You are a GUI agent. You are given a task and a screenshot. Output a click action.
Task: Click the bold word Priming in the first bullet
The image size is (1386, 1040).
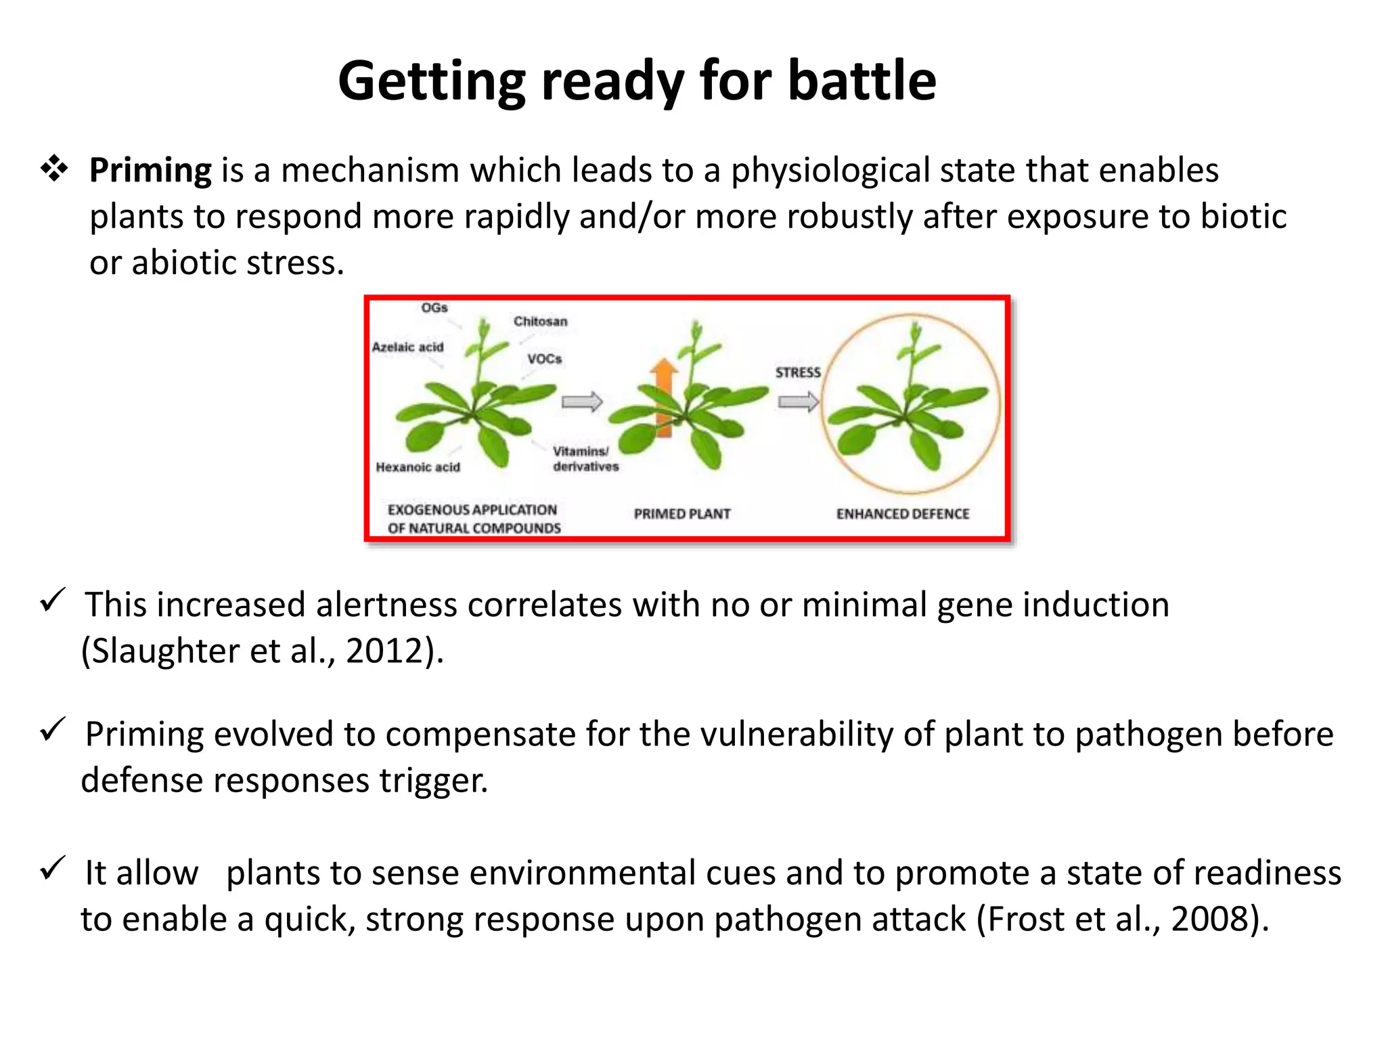coord(150,171)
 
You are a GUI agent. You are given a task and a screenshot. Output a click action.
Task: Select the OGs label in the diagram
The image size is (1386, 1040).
coord(434,308)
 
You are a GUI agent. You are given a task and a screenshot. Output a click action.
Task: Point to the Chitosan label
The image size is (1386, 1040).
coord(540,322)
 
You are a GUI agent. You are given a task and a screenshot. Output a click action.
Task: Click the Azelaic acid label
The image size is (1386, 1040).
coord(407,347)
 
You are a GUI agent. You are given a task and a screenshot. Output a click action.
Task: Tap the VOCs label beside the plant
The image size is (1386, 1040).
coord(545,359)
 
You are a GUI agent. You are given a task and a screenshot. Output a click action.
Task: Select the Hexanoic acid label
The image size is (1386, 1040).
coord(418,467)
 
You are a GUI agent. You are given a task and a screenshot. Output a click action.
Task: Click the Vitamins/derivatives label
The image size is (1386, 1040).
coord(585,459)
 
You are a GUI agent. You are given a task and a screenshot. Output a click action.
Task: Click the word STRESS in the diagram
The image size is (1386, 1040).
coord(798,372)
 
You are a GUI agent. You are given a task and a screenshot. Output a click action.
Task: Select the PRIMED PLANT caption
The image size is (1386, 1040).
coord(682,514)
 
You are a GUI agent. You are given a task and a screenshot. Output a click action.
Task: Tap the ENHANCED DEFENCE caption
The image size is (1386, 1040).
coord(903,514)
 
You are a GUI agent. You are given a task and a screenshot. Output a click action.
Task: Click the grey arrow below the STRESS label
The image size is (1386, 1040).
coord(798,403)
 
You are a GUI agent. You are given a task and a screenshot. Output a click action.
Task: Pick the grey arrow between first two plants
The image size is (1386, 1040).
coord(582,402)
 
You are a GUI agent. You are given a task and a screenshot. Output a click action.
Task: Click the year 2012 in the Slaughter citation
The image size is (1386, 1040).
coord(384,651)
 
